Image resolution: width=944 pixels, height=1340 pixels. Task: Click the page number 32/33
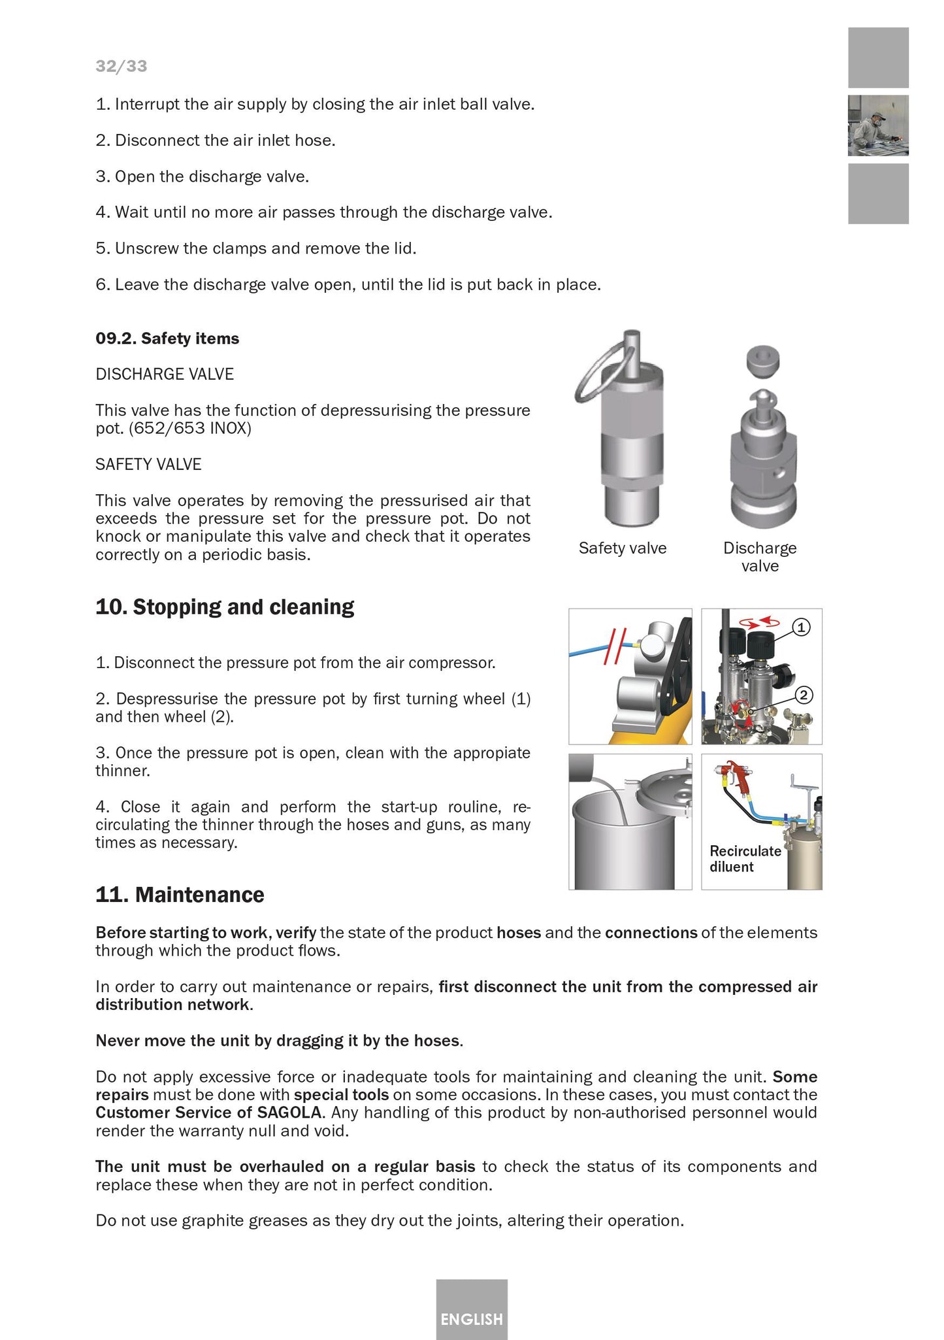[x=122, y=66]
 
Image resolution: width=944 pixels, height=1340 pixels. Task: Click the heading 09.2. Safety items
[x=167, y=339]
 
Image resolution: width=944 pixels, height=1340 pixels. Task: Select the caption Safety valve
[x=622, y=548]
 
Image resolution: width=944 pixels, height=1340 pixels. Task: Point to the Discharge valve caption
[x=760, y=557]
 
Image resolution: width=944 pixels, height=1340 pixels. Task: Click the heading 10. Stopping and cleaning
[x=225, y=607]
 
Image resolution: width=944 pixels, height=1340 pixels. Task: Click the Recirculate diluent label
[x=745, y=859]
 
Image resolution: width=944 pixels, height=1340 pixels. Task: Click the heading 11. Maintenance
[x=180, y=894]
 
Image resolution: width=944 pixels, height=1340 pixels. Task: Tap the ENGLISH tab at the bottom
[x=472, y=1318]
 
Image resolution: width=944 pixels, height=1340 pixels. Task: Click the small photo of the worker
[x=878, y=126]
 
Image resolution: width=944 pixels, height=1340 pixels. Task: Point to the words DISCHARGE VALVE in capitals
[x=165, y=374]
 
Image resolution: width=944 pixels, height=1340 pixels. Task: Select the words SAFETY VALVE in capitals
[x=148, y=464]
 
